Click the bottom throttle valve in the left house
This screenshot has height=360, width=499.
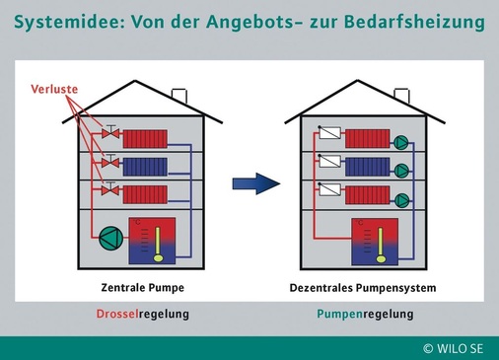coord(113,191)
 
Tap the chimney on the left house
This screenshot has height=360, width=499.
coord(180,96)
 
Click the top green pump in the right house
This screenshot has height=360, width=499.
coord(402,141)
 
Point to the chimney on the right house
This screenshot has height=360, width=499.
coord(403,96)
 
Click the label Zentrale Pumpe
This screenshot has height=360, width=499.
coord(143,289)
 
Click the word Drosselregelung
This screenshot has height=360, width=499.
coord(143,315)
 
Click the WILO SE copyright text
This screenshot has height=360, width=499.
coord(456,348)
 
